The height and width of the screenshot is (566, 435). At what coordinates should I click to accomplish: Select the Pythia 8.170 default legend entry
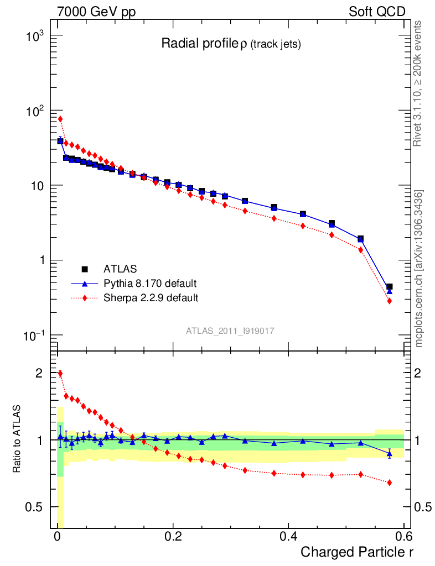click(x=149, y=284)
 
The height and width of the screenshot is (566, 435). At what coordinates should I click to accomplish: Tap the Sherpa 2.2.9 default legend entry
click(x=151, y=298)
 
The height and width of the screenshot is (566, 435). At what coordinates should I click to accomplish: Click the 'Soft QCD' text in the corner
click(x=377, y=12)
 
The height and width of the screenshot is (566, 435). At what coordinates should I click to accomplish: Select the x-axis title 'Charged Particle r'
click(x=357, y=552)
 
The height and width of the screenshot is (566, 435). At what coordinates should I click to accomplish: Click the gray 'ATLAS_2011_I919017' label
click(x=230, y=331)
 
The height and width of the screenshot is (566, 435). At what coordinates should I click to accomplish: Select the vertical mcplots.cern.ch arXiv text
click(x=420, y=269)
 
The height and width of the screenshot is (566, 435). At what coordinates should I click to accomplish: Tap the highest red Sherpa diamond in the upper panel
click(x=60, y=119)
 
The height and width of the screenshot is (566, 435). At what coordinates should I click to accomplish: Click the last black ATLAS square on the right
click(x=390, y=287)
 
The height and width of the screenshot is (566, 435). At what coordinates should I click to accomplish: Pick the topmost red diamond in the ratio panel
click(x=60, y=373)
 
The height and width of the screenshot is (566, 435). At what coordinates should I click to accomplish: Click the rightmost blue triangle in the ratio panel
click(x=390, y=454)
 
